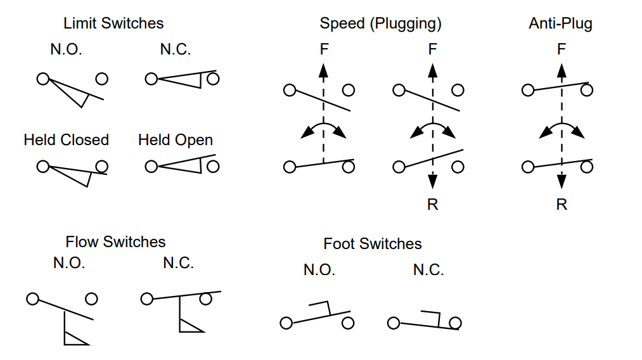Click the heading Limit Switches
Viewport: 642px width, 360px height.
tap(113, 23)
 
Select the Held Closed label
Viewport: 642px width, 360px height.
tap(66, 139)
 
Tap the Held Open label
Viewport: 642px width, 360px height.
tap(176, 139)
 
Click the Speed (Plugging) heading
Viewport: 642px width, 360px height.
tap(380, 23)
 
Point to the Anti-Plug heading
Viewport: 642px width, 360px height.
tap(560, 23)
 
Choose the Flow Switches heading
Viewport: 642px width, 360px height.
tap(115, 241)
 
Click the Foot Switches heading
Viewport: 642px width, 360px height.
tap(372, 243)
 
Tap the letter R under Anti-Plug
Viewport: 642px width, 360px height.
tap(562, 205)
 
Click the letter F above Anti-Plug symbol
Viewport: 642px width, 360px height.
tap(562, 49)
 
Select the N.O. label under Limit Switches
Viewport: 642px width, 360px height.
tap(66, 49)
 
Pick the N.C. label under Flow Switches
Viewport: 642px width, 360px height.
tap(178, 263)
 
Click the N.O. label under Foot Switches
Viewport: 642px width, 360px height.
tap(319, 269)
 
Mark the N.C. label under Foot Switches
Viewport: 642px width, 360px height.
tap(428, 269)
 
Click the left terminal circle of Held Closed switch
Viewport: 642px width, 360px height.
tap(42, 166)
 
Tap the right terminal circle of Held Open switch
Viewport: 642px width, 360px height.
tap(213, 166)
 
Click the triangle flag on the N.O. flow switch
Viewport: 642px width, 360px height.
tap(75, 338)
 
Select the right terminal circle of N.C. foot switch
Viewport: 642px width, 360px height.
tap(454, 323)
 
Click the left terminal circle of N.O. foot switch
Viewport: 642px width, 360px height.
tap(286, 323)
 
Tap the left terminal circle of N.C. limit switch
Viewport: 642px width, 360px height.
tap(151, 79)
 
